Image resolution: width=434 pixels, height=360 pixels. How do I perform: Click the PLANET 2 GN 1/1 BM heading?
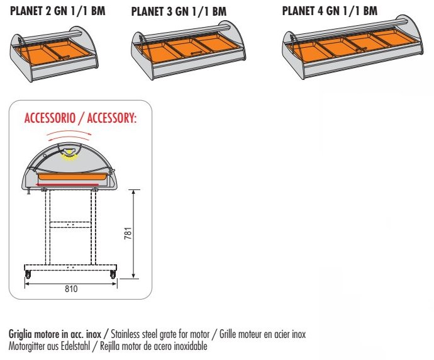coord(58,11)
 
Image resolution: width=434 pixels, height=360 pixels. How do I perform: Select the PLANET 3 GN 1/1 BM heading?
coord(179,11)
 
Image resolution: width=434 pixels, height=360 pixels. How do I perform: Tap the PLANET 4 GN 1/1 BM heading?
coord(330,11)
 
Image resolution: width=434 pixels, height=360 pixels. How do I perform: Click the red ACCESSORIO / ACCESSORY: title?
coord(81,118)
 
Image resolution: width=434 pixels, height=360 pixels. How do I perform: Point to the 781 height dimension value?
coord(128,233)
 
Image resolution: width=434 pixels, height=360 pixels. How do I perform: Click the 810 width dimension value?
coord(71,289)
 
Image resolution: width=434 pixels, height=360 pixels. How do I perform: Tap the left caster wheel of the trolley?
coord(28,274)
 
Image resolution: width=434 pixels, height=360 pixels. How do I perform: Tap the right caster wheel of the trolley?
coord(113,274)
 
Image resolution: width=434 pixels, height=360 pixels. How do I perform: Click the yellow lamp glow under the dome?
coord(69,157)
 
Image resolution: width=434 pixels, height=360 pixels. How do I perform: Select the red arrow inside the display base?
coord(67,184)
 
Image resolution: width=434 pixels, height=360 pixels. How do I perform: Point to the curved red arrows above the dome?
coord(69,135)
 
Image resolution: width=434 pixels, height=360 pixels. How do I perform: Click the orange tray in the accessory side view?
coord(72,176)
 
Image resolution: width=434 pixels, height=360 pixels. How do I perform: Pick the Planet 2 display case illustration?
coord(54,53)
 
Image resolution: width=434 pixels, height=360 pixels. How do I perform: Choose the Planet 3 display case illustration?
coord(188,50)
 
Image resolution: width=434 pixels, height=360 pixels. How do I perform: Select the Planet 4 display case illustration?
coord(353,47)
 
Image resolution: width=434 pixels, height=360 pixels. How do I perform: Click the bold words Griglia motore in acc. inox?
coord(55,334)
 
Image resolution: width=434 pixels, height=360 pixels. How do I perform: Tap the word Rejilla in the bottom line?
coord(109,346)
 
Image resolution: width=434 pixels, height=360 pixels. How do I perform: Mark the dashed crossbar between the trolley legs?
coord(70,225)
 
